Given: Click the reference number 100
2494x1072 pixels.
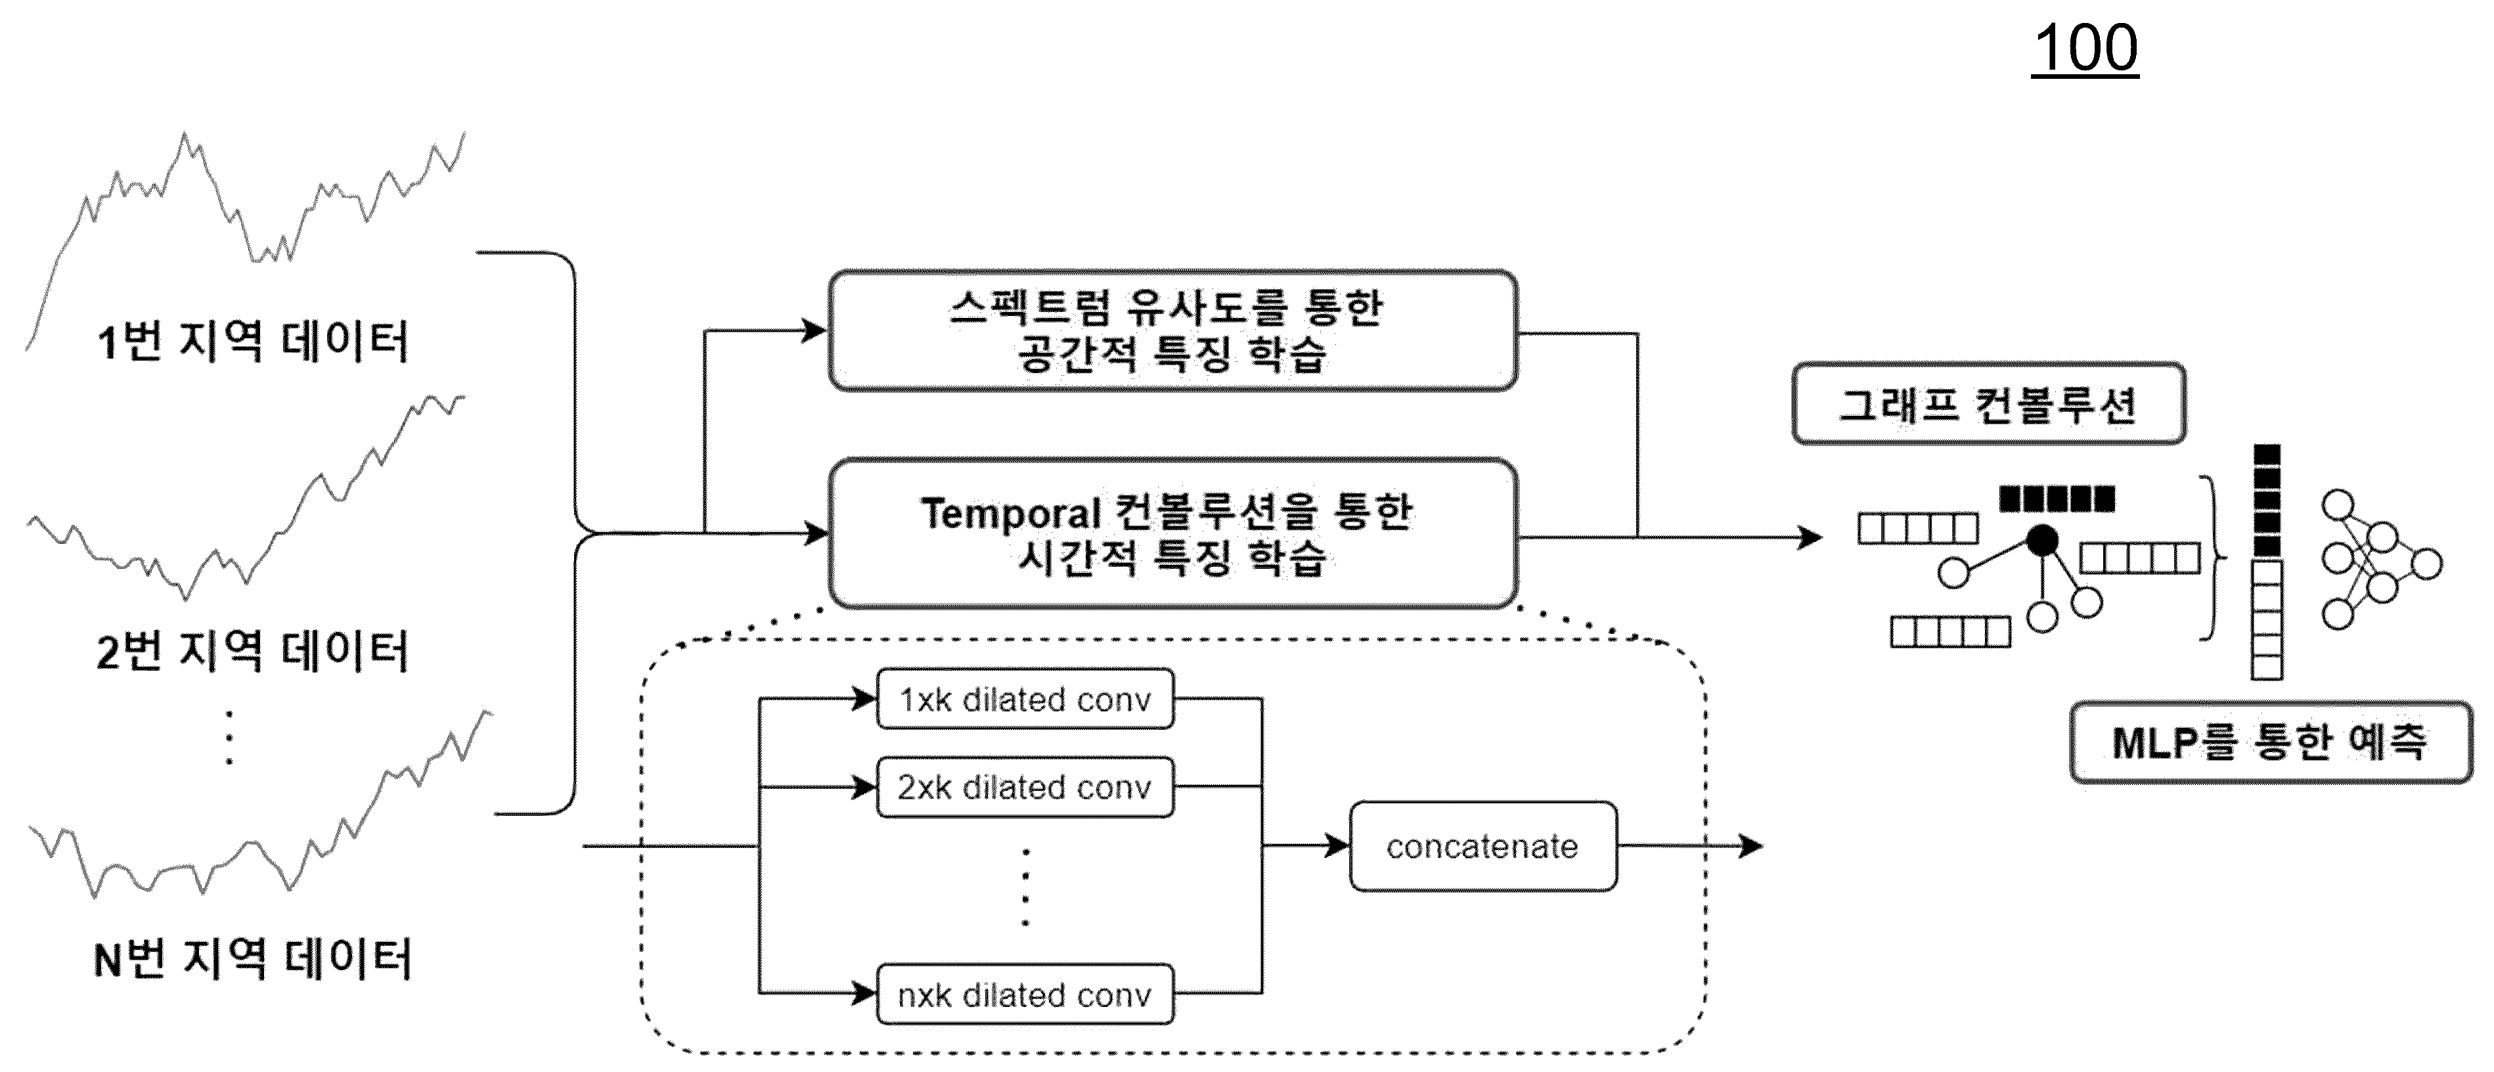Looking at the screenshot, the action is (2085, 49).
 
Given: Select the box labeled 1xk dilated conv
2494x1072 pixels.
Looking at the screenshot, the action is (1025, 698).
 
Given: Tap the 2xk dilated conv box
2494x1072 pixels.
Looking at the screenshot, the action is (1025, 786).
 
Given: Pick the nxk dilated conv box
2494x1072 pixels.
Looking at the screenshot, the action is (1025, 994).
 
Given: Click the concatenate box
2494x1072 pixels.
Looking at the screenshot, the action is (1483, 845).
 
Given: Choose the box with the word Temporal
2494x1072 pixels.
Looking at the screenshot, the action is (1172, 533).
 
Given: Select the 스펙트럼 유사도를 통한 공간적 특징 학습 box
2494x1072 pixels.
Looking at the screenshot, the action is (1172, 331).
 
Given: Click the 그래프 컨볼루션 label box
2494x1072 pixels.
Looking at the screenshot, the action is (1989, 404).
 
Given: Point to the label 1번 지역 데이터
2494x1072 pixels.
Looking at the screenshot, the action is (253, 341).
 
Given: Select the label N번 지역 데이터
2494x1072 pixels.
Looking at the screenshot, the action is (253, 959).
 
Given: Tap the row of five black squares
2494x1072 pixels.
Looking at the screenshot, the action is (2057, 499).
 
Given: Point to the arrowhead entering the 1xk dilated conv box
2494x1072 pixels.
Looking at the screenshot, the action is (864, 698).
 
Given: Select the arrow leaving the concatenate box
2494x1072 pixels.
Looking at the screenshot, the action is (1691, 845).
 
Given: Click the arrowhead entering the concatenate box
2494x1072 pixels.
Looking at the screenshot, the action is (1337, 845).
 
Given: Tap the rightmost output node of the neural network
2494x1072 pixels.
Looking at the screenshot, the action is (2425, 563).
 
